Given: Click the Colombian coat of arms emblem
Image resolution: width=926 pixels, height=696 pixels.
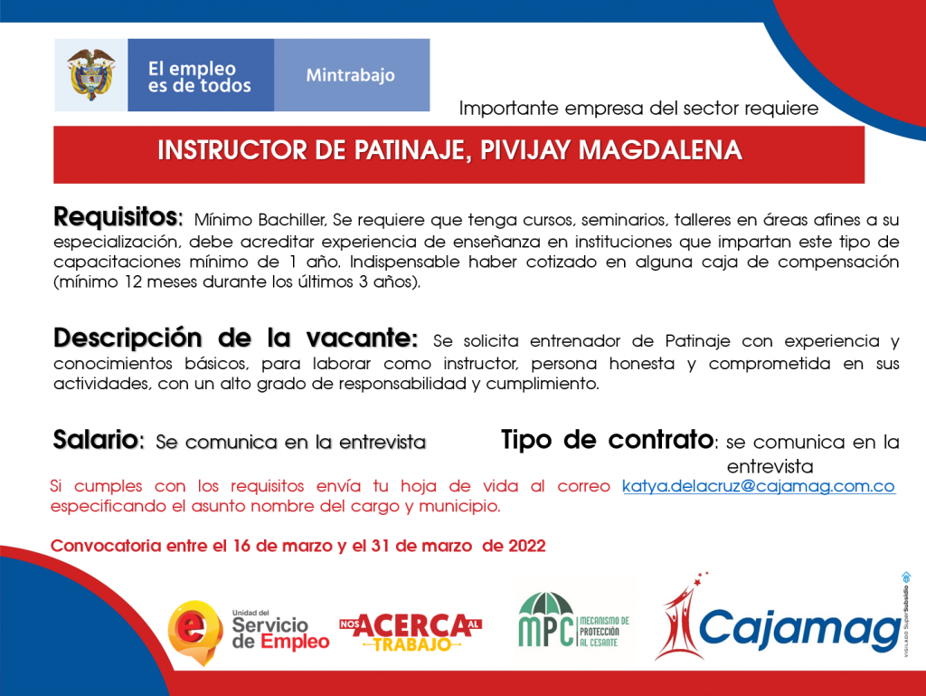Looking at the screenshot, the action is (x=91, y=74).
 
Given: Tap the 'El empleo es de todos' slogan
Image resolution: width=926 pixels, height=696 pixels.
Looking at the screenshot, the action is (x=199, y=78).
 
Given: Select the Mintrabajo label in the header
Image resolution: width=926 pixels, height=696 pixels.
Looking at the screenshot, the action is (x=350, y=76).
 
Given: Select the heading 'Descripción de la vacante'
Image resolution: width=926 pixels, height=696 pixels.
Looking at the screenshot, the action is (x=236, y=338).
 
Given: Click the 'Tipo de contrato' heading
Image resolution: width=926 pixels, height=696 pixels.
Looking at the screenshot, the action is (x=609, y=440).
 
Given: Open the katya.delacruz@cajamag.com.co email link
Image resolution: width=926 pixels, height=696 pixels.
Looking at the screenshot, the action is (x=759, y=486).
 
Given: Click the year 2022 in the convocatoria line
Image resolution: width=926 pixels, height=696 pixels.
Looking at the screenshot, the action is (x=527, y=546).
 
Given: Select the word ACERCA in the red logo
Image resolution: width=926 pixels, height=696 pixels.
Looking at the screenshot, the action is (x=416, y=625).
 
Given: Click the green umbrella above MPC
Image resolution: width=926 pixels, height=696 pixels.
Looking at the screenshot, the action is (x=545, y=604).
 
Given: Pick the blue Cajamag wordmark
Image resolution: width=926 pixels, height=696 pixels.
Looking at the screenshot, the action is (x=799, y=630).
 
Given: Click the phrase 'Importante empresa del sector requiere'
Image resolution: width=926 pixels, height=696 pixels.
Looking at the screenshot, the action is (x=639, y=109).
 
